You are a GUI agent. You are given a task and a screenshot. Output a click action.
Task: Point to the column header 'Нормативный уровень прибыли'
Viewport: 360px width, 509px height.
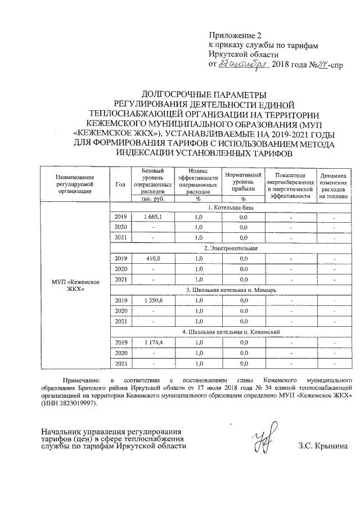(244, 182)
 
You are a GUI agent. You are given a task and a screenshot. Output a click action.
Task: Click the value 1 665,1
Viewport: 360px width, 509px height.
(152, 217)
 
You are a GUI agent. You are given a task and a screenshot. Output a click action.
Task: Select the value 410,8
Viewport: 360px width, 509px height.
(152, 258)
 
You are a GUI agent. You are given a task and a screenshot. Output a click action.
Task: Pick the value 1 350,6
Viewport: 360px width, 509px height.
(152, 300)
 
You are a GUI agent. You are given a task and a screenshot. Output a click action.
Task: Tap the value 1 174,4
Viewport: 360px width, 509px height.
(152, 342)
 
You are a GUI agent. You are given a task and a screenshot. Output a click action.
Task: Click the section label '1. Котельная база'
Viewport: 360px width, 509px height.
(231, 207)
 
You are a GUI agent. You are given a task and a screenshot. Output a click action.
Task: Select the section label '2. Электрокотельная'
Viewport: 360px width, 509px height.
(231, 248)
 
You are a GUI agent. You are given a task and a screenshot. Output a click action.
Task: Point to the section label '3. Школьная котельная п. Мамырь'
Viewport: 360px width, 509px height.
(231, 290)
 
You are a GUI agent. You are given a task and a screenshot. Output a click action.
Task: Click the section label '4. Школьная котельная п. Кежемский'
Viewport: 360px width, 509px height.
(231, 332)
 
